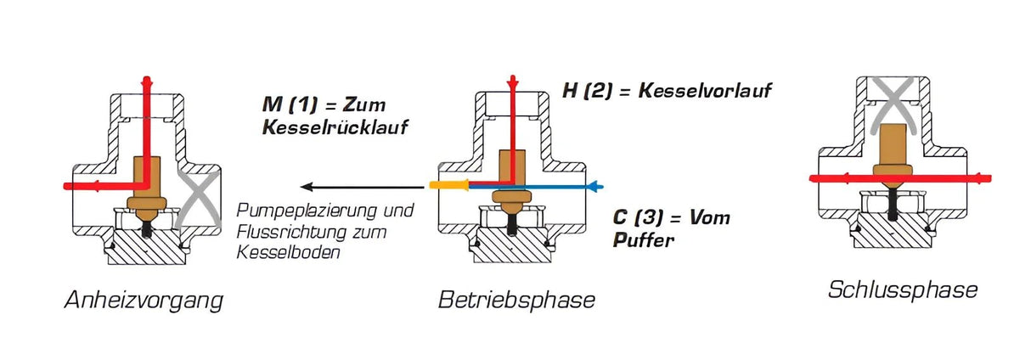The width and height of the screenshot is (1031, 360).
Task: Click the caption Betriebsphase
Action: click(516, 300)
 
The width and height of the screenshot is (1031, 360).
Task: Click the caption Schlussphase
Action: click(902, 290)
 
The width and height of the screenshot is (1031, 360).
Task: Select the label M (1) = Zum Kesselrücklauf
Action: click(324, 117)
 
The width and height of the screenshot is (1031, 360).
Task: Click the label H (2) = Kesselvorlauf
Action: click(668, 90)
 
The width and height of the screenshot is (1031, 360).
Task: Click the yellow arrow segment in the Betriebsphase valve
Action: click(448, 184)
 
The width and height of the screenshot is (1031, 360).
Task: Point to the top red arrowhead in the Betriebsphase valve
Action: click(512, 82)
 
